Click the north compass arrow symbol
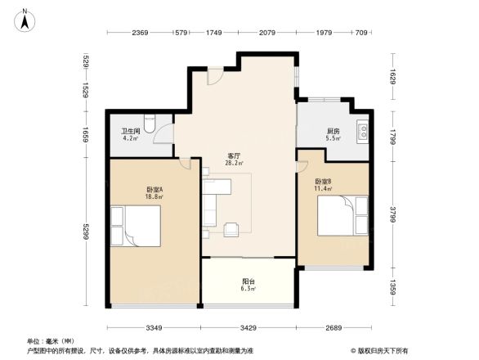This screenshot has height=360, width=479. point(25,20)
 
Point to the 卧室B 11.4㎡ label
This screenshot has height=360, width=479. point(324,185)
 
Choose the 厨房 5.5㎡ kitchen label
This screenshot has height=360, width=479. point(332,135)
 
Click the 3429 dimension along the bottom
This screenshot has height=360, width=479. point(249,328)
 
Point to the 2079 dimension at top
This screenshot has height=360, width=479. point(266,33)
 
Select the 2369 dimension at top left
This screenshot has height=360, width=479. point(140,33)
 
